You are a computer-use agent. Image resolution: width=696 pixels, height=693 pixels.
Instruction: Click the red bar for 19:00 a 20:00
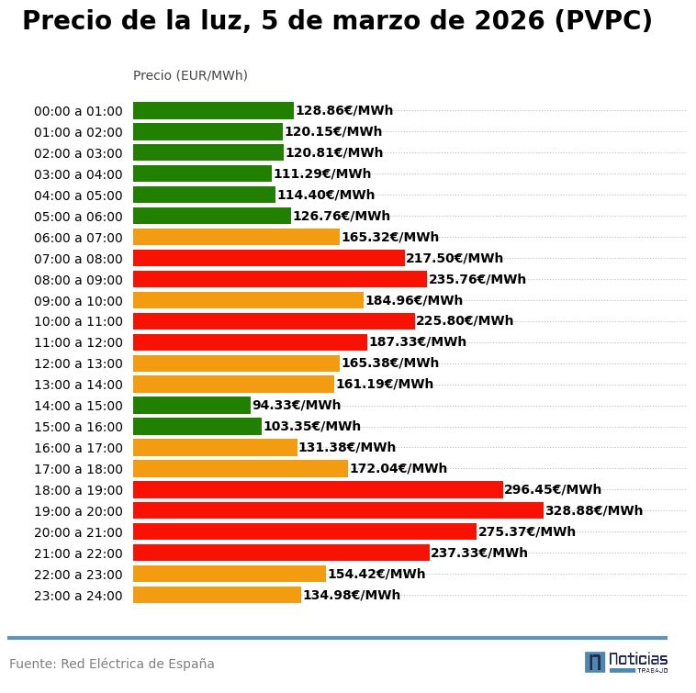click(338, 510)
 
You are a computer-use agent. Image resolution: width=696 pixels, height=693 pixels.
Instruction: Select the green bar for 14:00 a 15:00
click(192, 405)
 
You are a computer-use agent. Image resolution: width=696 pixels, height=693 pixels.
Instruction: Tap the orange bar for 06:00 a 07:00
click(236, 237)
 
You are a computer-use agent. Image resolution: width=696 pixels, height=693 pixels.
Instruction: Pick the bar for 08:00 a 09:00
click(280, 279)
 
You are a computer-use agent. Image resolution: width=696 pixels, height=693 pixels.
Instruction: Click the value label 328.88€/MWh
click(594, 510)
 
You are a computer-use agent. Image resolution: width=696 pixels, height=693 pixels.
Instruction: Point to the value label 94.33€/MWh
click(297, 405)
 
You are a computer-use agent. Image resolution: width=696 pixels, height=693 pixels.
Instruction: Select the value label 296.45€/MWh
click(553, 489)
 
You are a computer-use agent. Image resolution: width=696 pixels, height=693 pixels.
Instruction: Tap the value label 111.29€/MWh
click(322, 173)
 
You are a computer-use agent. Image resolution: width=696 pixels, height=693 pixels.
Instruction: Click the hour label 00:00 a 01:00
click(78, 111)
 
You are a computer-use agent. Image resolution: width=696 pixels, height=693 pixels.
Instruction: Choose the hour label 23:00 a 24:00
click(78, 596)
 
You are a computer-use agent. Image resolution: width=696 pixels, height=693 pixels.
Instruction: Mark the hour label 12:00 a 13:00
click(78, 363)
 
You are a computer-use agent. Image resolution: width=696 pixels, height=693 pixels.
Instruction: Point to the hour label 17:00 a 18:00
click(78, 469)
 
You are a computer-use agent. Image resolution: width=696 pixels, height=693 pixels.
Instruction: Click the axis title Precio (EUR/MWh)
click(190, 75)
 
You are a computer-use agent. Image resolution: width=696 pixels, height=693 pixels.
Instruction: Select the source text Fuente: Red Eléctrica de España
click(112, 664)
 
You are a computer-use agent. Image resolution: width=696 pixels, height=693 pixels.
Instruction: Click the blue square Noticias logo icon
click(595, 662)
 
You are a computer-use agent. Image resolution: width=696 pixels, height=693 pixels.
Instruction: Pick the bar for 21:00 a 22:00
click(281, 553)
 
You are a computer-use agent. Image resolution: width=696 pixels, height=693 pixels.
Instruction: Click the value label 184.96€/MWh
click(414, 300)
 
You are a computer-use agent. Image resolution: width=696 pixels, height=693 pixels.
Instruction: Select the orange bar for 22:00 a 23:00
click(230, 574)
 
